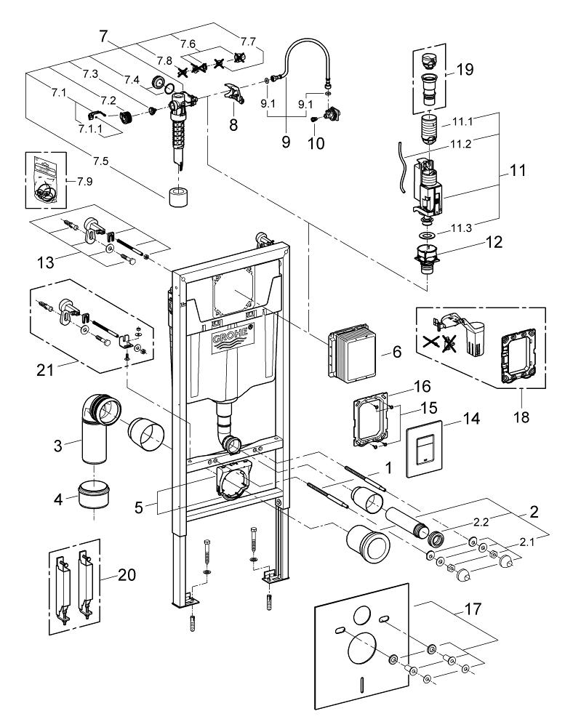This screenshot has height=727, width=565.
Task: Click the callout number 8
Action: pyautogui.click(x=233, y=124)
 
